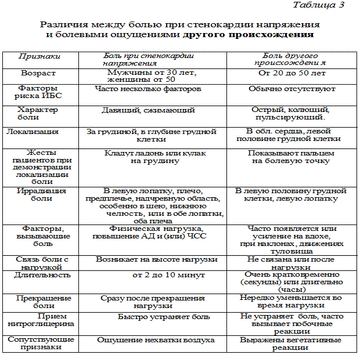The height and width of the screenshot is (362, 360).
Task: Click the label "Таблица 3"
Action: coord(319,5)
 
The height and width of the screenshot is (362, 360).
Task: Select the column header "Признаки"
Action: coord(39,56)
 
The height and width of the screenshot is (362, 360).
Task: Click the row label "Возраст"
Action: coord(38,74)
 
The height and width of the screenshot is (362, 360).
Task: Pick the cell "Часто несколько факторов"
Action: coord(148,89)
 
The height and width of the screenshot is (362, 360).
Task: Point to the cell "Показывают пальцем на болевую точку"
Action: coord(290,157)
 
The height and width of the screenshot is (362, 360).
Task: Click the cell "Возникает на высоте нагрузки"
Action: coord(157,259)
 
